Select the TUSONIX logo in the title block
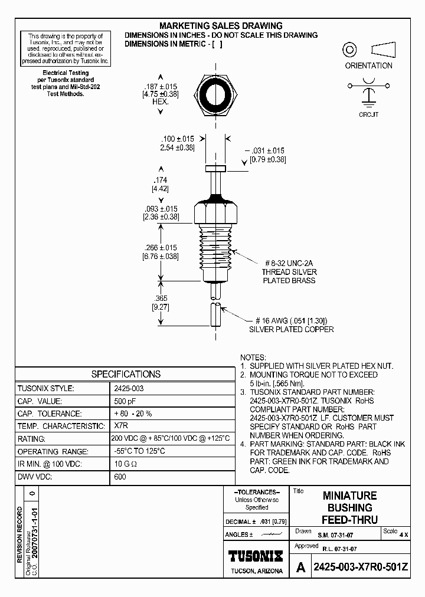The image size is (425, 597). coord(256,555)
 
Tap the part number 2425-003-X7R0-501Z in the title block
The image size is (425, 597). coord(360,568)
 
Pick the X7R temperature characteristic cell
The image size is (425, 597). coord(120,426)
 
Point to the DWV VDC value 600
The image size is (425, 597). coord(120,477)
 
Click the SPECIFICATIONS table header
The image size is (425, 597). coord(126,374)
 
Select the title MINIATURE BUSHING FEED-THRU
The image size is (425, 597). coord(349,507)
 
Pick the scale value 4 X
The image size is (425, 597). coord(404,534)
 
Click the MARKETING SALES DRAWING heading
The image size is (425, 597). coord(221,26)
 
